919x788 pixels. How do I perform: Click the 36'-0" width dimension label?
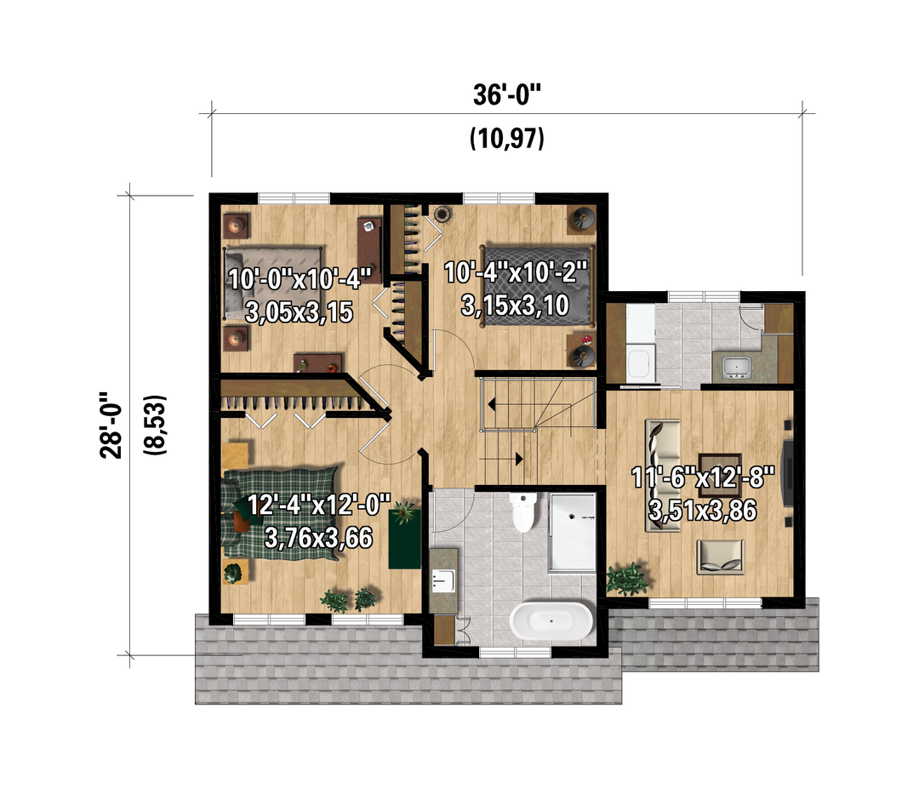pyautogui.click(x=507, y=94)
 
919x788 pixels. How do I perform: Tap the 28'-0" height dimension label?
pyautogui.click(x=111, y=425)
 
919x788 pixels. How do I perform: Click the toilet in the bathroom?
pyautogui.click(x=523, y=511)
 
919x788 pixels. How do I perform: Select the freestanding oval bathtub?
pyautogui.click(x=551, y=620)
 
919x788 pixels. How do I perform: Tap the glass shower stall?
pyautogui.click(x=572, y=532)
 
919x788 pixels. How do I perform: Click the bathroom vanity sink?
pyautogui.click(x=442, y=580)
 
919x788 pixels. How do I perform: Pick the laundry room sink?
pyautogui.click(x=735, y=367)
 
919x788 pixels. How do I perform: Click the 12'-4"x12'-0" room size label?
pyautogui.click(x=319, y=505)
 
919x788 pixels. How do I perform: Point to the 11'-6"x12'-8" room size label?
pyautogui.click(x=703, y=477)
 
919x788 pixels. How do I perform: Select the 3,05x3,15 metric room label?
pyautogui.click(x=299, y=312)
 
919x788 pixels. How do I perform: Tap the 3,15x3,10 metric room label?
pyautogui.click(x=515, y=305)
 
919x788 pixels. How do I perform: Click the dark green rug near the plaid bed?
pyautogui.click(x=404, y=538)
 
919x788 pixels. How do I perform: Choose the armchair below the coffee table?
pyautogui.click(x=721, y=557)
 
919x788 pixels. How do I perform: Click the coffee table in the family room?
pyautogui.click(x=721, y=463)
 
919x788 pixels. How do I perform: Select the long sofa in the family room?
pyautogui.click(x=663, y=475)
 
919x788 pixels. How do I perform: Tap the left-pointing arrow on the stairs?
pyautogui.click(x=491, y=404)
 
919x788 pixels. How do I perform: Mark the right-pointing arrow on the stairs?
pyautogui.click(x=519, y=459)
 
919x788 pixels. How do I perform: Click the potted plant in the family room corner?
pyautogui.click(x=628, y=579)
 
